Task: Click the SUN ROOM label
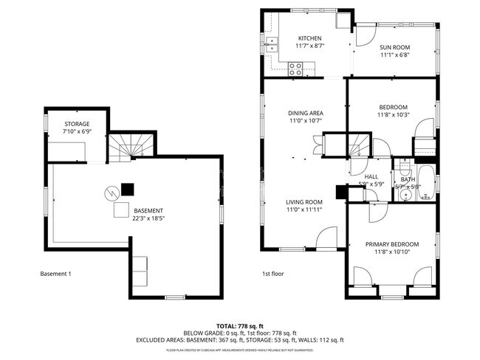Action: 394,48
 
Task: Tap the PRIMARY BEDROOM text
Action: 391,244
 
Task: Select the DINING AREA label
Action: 305,113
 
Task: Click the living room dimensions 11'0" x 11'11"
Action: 305,210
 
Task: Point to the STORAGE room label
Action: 76,124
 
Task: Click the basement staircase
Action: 133,145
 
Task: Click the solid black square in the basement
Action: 128,189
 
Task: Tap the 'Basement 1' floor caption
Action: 55,274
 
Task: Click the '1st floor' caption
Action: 272,274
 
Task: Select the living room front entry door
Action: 326,238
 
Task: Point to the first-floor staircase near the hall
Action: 358,145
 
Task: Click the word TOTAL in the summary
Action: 226,325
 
